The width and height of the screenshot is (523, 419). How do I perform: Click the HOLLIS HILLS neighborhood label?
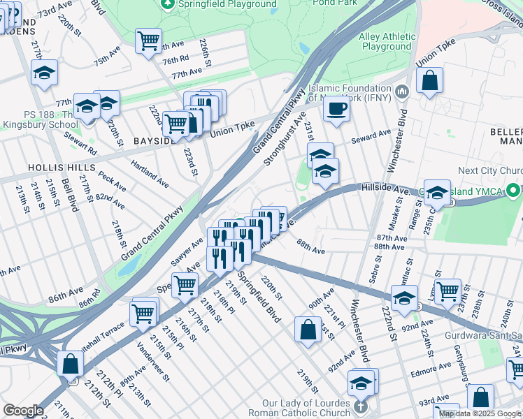[x=57, y=168]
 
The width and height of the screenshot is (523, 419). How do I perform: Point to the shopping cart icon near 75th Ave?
[x=148, y=41]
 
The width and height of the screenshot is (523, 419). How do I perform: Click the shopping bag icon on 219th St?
[x=308, y=329]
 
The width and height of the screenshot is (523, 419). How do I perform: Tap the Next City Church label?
[x=490, y=171]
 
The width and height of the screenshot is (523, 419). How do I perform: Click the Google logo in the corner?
[x=23, y=411]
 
